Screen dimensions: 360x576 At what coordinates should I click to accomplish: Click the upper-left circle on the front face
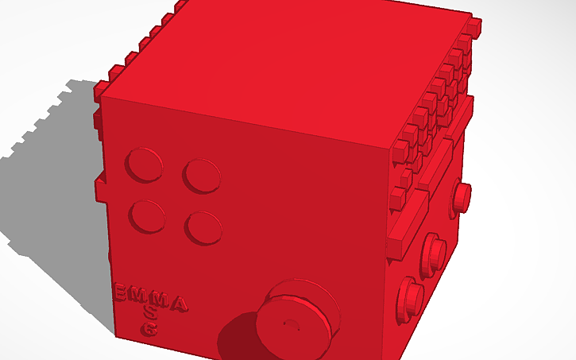145,165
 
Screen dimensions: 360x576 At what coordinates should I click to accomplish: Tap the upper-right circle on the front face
202,174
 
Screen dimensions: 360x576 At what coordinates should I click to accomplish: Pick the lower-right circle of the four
203,227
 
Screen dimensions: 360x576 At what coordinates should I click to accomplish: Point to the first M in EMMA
140,296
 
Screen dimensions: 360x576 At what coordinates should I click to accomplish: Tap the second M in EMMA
160,300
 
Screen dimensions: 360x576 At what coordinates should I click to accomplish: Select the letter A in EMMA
180,304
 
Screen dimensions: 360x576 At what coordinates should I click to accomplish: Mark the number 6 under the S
149,327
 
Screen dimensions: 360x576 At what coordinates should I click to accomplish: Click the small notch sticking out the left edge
100,189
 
